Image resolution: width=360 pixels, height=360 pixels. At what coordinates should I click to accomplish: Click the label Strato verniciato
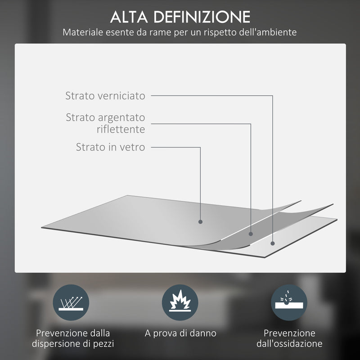[105, 96]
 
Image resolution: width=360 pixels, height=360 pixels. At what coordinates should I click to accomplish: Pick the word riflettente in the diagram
[121, 130]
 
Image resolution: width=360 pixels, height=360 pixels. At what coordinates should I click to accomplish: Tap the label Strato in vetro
[110, 147]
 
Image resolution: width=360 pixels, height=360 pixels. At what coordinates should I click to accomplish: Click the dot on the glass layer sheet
[201, 221]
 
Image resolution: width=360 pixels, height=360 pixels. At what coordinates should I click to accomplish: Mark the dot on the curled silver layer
[251, 234]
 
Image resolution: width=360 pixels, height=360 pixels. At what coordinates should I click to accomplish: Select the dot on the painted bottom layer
[273, 243]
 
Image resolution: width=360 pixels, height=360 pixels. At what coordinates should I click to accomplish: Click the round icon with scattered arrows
[71, 302]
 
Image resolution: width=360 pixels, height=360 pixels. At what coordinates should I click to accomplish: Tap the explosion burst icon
[180, 302]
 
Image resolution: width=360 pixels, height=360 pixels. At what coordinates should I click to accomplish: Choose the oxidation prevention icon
[289, 302]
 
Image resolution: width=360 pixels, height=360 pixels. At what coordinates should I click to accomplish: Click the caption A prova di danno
[180, 333]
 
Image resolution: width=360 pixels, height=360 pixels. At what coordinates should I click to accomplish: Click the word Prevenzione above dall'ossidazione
[290, 333]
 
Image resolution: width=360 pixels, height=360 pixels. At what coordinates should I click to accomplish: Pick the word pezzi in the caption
[103, 344]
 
